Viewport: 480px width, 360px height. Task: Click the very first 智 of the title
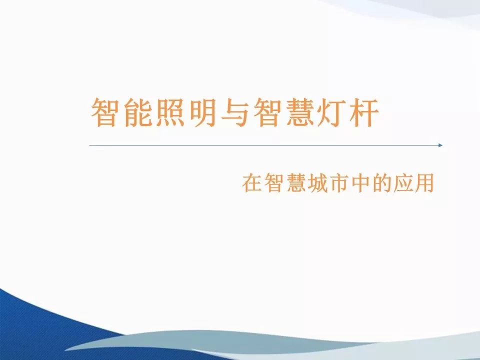point(105,112)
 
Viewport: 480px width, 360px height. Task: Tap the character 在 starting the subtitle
point(252,183)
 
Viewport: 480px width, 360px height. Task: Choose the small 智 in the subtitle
point(275,183)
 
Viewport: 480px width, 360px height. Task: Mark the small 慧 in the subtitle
point(297,183)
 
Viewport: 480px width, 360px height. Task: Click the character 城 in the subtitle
point(320,183)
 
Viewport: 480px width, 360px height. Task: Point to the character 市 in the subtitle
point(343,183)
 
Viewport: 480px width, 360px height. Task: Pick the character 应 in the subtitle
point(411,183)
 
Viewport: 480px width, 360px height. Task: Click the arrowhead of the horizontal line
point(440,145)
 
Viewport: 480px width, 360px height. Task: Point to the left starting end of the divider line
point(90,145)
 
